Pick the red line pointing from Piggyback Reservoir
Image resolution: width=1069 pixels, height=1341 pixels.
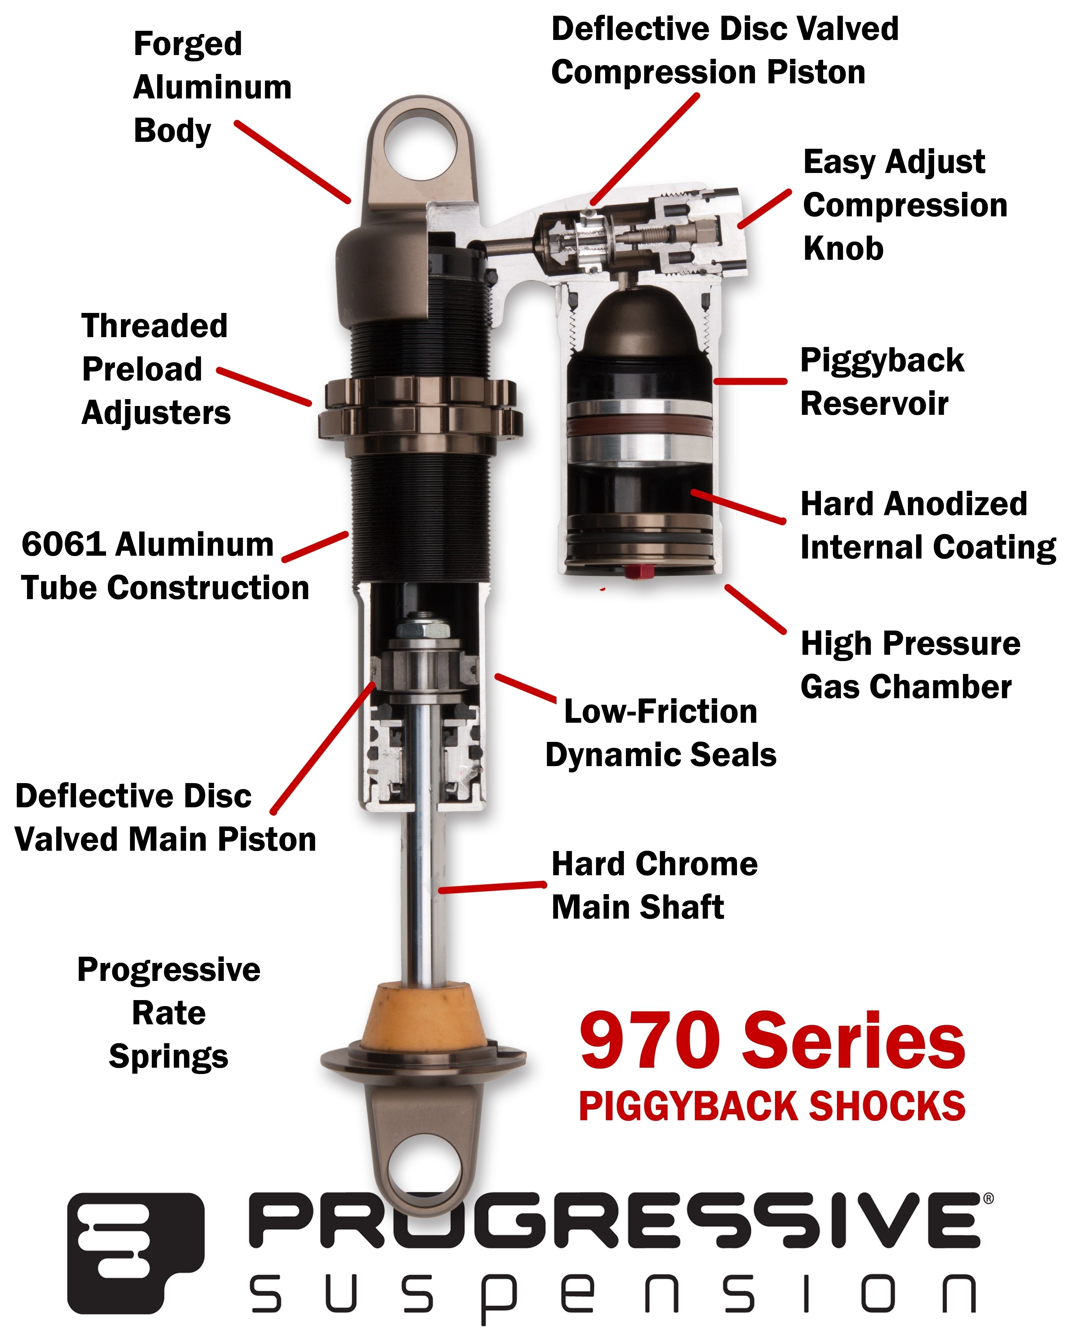(x=749, y=381)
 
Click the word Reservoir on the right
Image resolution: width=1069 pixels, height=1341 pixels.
(x=874, y=404)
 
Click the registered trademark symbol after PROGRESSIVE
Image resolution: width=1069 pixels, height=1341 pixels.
(x=988, y=1199)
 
